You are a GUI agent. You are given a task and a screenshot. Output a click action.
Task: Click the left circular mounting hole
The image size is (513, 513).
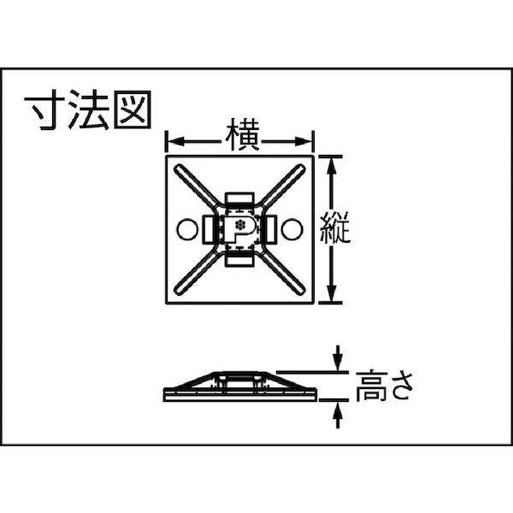[186, 228]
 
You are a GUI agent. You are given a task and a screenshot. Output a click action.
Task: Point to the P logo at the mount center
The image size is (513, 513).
[239, 227]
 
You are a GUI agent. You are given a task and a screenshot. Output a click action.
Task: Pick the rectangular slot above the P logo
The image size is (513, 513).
[239, 201]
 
